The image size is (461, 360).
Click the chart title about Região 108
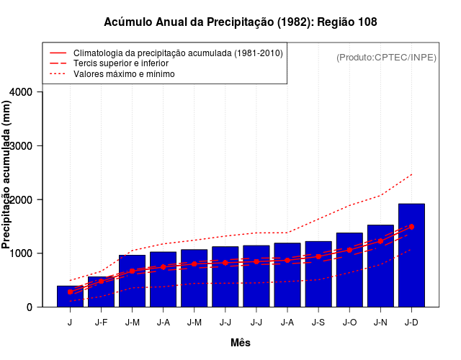(241, 22)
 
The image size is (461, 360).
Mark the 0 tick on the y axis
(29, 307)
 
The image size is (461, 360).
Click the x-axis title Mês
(241, 343)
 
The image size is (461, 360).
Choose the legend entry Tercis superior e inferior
(126, 63)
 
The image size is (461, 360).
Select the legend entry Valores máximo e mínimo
(124, 73)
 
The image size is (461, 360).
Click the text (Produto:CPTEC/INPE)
(386, 57)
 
